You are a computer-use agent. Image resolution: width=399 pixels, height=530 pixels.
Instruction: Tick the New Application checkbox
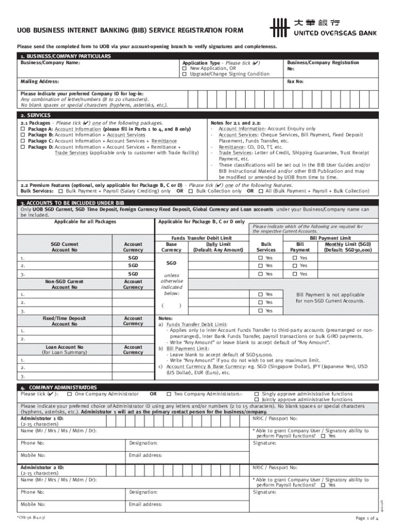184,68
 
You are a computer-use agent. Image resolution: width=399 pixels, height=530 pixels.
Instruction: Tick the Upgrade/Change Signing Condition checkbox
184,74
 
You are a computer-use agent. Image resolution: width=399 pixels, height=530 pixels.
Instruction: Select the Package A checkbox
22,129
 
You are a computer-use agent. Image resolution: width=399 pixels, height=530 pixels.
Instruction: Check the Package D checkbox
22,147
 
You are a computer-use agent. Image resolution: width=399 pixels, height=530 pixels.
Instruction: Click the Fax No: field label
295,82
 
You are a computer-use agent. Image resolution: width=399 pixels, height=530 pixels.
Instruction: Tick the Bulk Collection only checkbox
191,191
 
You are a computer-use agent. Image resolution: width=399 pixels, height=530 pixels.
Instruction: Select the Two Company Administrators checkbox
169,394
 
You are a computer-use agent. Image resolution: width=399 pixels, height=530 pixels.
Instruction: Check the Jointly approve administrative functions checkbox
256,400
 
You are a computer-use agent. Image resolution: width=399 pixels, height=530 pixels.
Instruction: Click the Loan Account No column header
65,347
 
